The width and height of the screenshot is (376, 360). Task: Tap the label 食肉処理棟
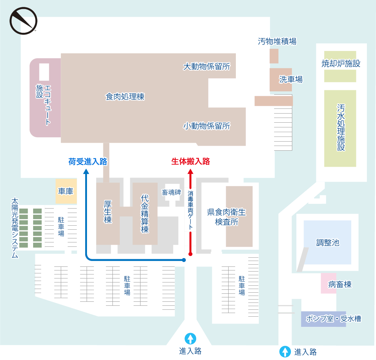pyautogui.click(x=125, y=97)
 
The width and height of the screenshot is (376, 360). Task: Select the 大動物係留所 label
pyautogui.click(x=206, y=67)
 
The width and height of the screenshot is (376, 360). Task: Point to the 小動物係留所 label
pyautogui.click(x=206, y=126)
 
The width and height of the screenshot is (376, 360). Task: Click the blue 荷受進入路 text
pyautogui.click(x=88, y=162)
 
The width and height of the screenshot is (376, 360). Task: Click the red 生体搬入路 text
pyautogui.click(x=190, y=162)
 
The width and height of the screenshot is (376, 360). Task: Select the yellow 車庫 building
pyautogui.click(x=66, y=191)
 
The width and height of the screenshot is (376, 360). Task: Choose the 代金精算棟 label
pyautogui.click(x=145, y=214)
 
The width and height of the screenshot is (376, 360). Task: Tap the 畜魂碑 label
pyautogui.click(x=171, y=192)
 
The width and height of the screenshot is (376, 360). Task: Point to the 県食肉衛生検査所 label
pyautogui.click(x=226, y=217)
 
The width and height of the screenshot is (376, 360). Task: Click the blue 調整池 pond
pyautogui.click(x=328, y=242)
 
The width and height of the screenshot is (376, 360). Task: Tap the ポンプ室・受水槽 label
pyautogui.click(x=333, y=319)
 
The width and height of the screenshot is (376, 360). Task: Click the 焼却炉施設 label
pyautogui.click(x=341, y=64)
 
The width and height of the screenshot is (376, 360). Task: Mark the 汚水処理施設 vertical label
pyautogui.click(x=341, y=127)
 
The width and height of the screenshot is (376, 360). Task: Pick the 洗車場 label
pyautogui.click(x=290, y=79)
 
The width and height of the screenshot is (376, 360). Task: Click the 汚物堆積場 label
pyautogui.click(x=277, y=41)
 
